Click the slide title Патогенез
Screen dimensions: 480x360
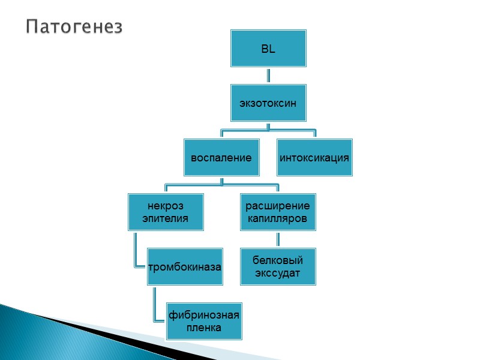74,27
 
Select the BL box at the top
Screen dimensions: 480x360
268,49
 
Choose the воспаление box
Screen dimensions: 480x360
221,158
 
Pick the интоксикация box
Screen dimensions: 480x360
314,158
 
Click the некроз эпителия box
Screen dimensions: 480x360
165,212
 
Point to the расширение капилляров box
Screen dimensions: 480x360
278,212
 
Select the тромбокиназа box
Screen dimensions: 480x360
185,266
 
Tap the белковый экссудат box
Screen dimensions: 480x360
278,266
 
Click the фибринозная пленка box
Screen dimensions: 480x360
204,321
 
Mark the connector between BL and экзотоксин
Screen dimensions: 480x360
268,75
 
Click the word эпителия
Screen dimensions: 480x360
165,218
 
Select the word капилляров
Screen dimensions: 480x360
278,218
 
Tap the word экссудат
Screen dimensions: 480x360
278,273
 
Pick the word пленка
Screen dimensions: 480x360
204,328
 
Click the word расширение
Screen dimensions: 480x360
278,206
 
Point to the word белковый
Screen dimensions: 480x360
278,260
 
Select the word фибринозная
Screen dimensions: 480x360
204,315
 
